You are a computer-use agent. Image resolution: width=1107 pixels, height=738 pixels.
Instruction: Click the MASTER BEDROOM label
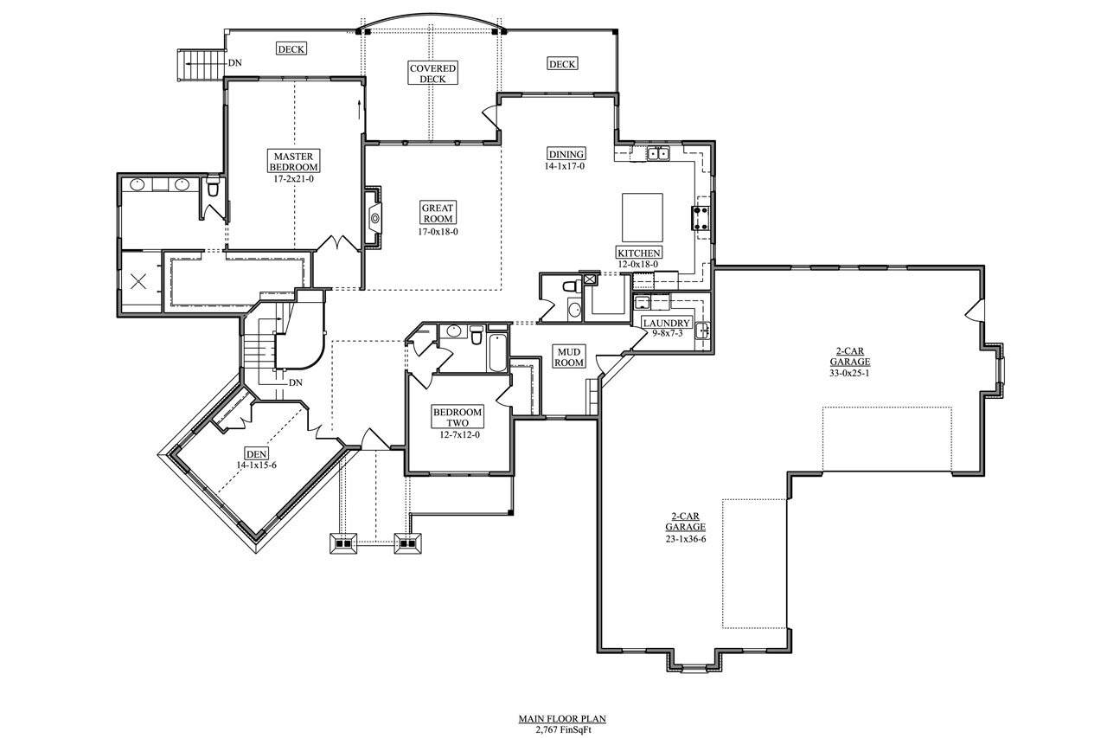point(293,161)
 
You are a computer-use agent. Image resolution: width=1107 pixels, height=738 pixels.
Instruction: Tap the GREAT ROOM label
point(438,213)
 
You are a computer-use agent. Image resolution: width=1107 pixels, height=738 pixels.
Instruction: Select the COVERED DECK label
point(432,74)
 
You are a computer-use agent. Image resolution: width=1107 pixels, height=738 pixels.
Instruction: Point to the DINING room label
point(565,155)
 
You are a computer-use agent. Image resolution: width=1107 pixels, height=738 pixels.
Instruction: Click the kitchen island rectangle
point(643,218)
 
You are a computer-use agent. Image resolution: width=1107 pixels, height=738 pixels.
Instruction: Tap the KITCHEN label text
point(638,253)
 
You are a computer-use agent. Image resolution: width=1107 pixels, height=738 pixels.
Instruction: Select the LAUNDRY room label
point(666,324)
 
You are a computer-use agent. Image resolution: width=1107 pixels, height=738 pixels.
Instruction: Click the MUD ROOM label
point(569,356)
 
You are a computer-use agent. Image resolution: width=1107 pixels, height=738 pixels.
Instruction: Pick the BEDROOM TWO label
point(458,418)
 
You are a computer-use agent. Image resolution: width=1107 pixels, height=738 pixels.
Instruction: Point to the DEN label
point(257,454)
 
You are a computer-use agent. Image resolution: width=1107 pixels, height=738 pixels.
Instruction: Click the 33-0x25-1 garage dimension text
point(849,373)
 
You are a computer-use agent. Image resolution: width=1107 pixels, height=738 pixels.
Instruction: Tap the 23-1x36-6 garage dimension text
point(685,538)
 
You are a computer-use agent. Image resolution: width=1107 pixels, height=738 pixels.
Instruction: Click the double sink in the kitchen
point(659,155)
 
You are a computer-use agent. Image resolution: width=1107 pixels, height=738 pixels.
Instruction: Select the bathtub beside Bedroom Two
point(498,353)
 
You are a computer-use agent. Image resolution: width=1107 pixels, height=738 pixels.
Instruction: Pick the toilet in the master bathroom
point(213,187)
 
